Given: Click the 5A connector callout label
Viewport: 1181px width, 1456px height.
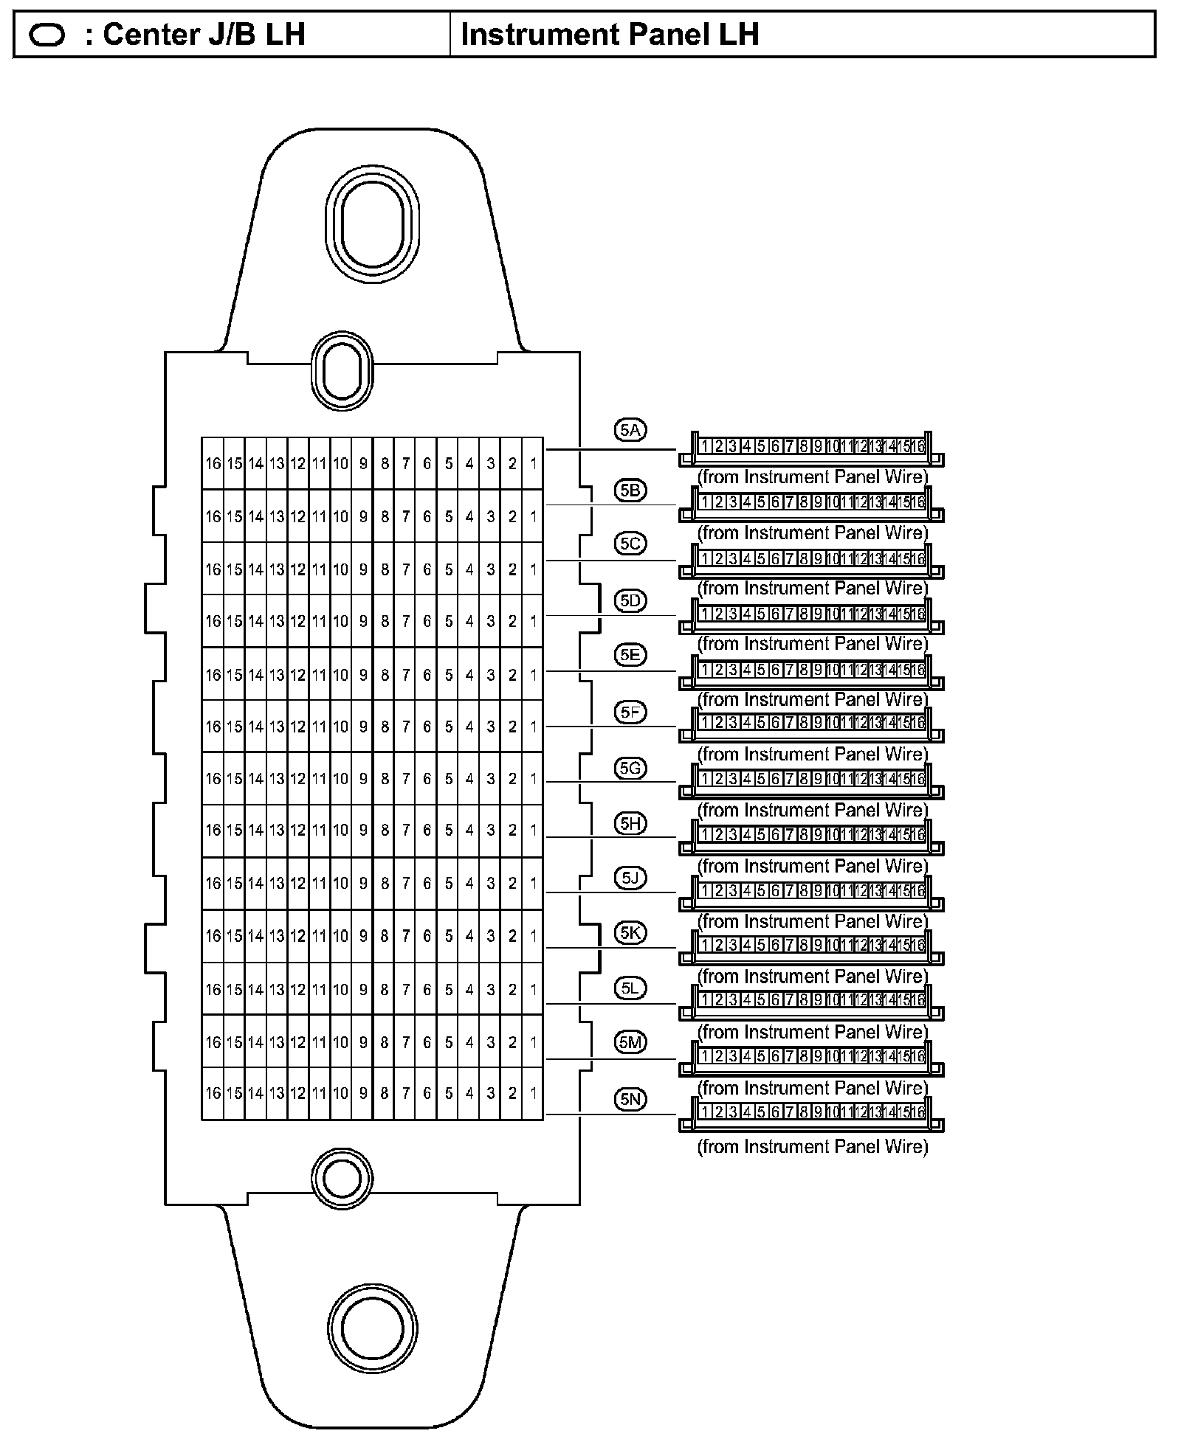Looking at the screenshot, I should (630, 430).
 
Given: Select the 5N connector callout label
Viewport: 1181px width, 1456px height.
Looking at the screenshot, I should (630, 1100).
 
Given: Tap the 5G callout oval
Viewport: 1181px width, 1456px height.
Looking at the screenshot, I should (630, 769).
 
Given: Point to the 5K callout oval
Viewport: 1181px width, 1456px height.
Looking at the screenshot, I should (630, 933).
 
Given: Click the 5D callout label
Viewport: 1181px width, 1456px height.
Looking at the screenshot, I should (630, 600).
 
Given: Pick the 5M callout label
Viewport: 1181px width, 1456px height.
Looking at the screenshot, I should (630, 1042).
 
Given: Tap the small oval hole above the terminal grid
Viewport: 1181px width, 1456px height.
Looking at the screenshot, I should (342, 370).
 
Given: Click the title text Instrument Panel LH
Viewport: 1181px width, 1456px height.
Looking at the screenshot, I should (610, 35).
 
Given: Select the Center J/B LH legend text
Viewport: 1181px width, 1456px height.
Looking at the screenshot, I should (204, 35).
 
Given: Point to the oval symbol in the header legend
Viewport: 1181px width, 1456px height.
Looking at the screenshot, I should (47, 35).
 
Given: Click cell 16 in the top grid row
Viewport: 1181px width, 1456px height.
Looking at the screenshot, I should (213, 464).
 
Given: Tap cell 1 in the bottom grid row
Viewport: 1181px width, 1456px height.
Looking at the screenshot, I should (533, 1093).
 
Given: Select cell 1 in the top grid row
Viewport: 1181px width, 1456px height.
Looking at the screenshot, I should (533, 464).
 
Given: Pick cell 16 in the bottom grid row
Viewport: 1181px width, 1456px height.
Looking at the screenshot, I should (213, 1093).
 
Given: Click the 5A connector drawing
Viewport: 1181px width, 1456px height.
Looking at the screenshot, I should (810, 448).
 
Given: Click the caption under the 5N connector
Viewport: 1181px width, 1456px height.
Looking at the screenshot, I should (812, 1147).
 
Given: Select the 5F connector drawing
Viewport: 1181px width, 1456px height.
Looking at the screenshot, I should (810, 724).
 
